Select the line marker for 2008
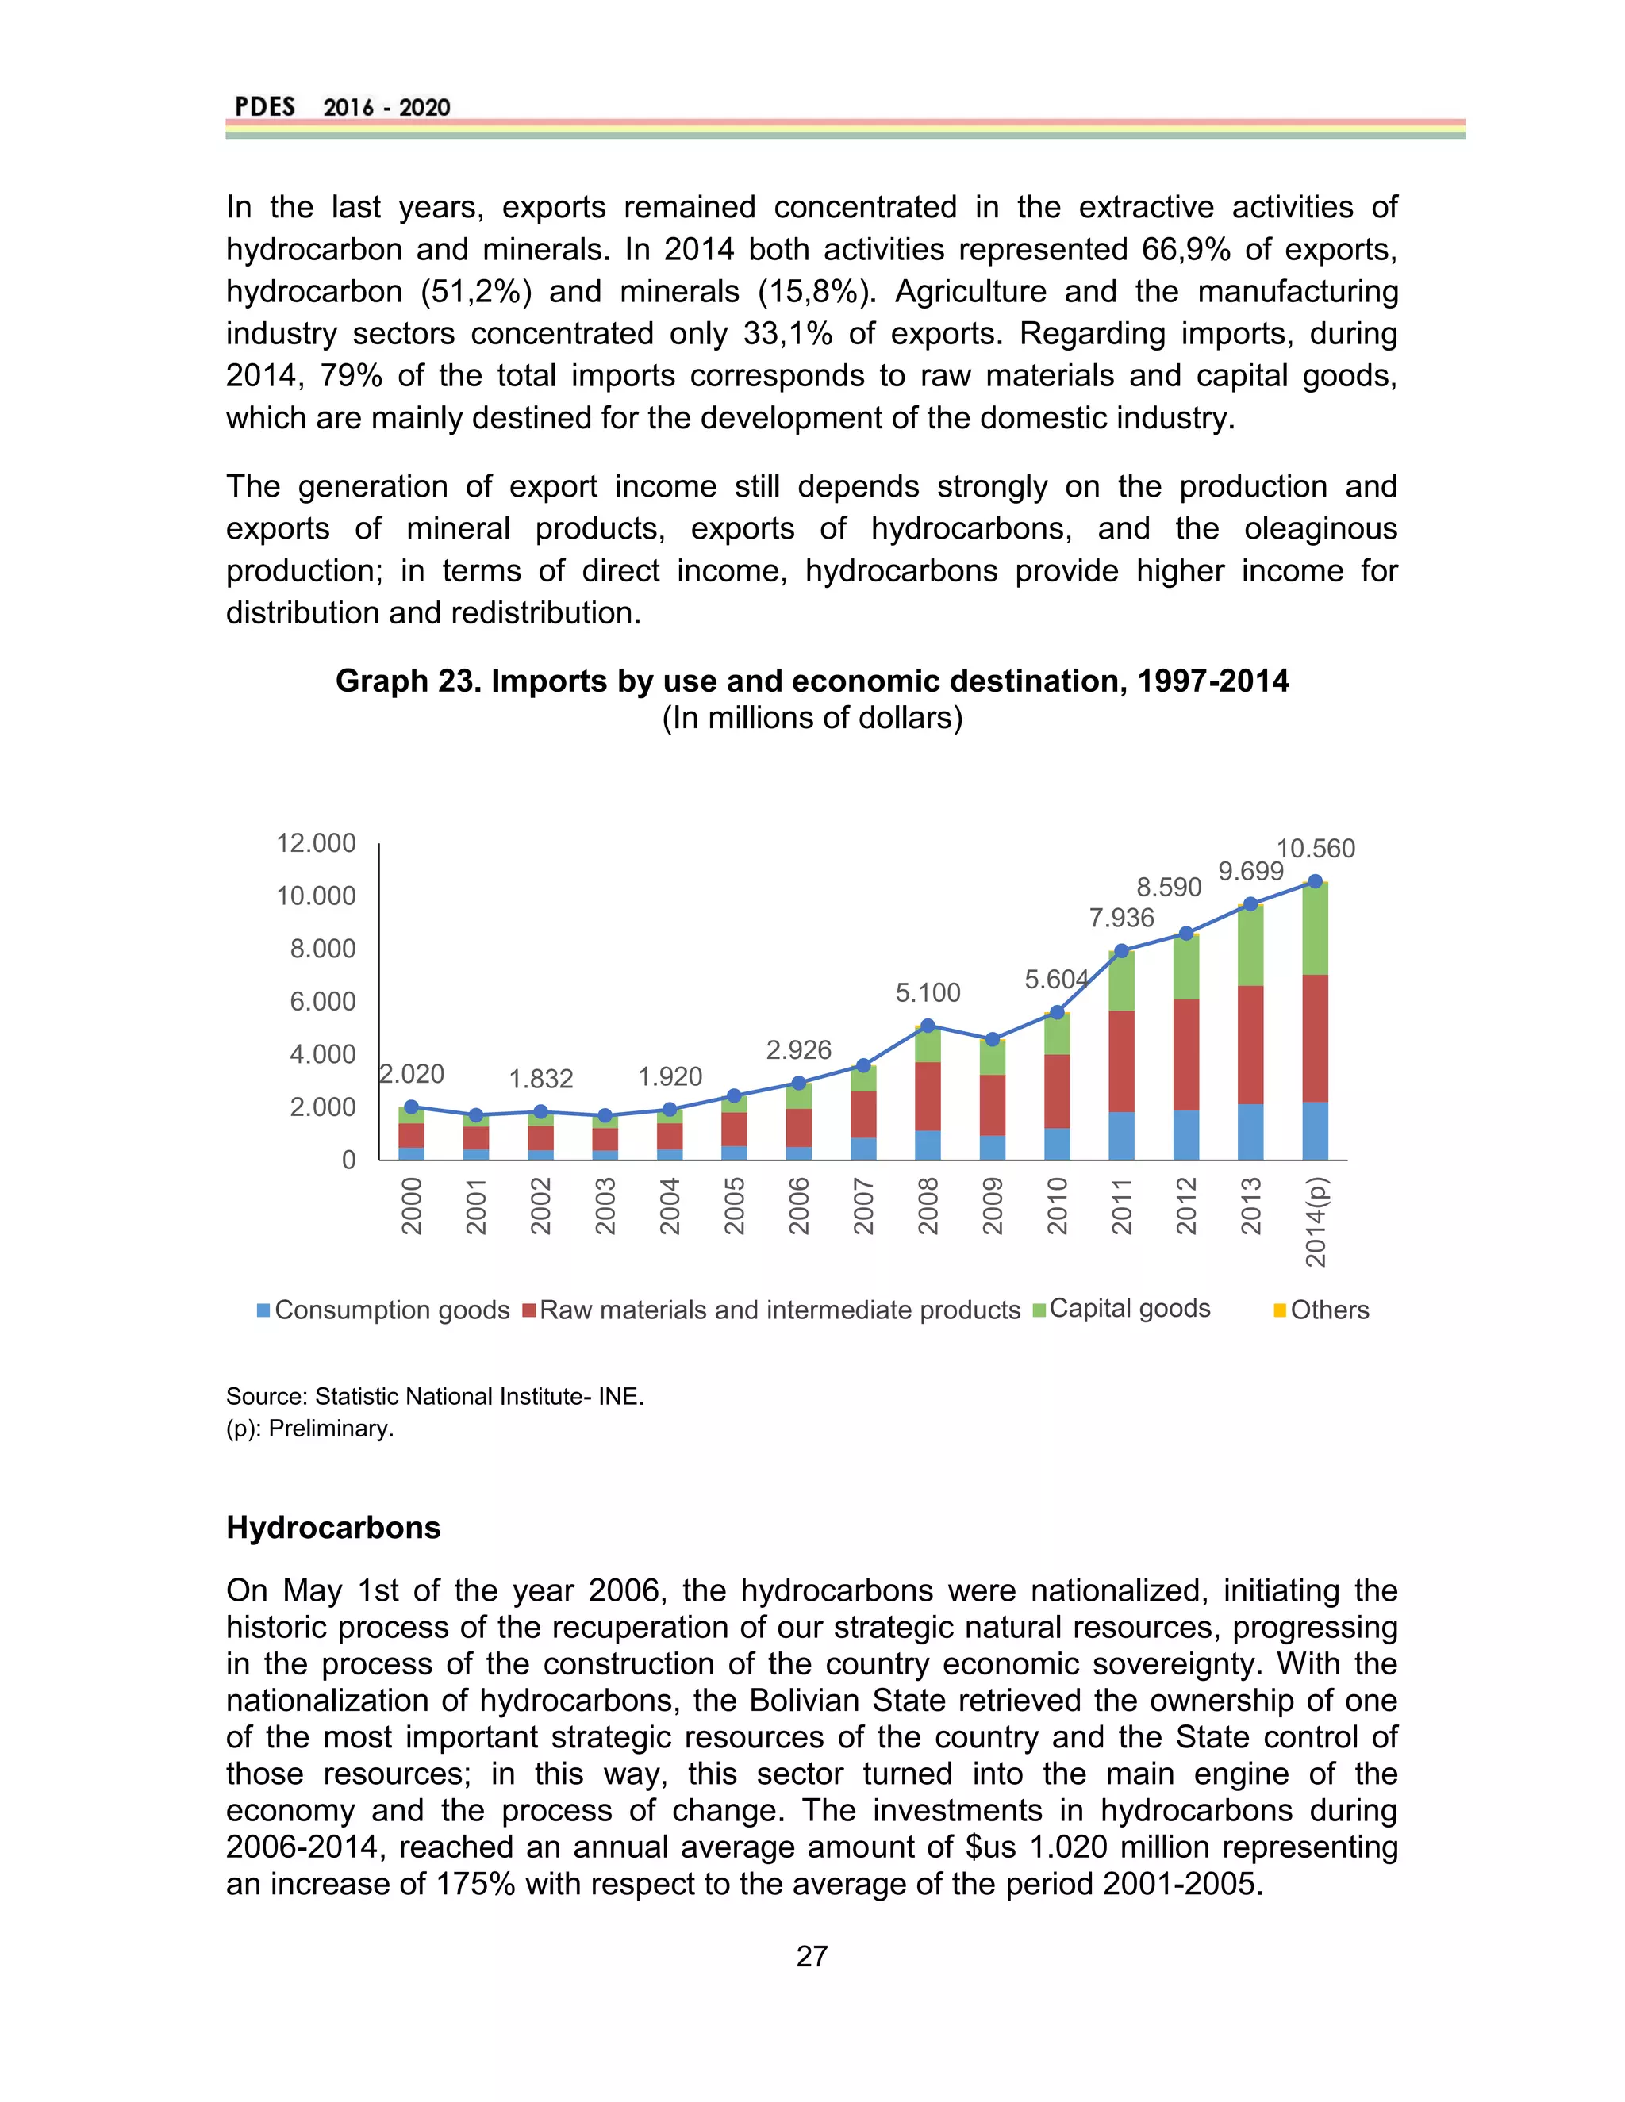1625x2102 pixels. pyautogui.click(x=928, y=1026)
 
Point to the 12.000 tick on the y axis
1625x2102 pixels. pyautogui.click(x=316, y=843)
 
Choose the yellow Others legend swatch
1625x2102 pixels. pyautogui.click(x=1279, y=1310)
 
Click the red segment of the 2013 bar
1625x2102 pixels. pyautogui.click(x=1250, y=1045)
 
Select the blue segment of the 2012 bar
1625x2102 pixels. pyautogui.click(x=1186, y=1135)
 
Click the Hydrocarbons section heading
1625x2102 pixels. pyautogui.click(x=333, y=1528)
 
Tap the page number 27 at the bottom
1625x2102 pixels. pyautogui.click(x=812, y=1956)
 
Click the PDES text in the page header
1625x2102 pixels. pyautogui.click(x=265, y=107)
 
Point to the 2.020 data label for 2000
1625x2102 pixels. pyautogui.click(x=412, y=1074)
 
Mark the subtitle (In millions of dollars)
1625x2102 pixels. pyautogui.click(x=812, y=718)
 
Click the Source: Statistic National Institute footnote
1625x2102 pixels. pyautogui.click(x=434, y=1397)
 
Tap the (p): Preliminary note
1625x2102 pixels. pyautogui.click(x=310, y=1429)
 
